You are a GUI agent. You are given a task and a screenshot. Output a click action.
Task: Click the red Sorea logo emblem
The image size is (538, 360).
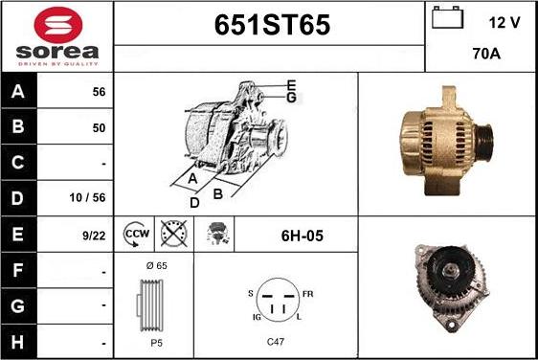click(58, 25)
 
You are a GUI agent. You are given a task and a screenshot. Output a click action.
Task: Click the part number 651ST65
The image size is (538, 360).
click(272, 25)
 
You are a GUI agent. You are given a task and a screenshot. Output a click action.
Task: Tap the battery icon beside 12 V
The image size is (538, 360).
click(447, 17)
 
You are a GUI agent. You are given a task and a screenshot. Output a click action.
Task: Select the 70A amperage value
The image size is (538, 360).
click(486, 54)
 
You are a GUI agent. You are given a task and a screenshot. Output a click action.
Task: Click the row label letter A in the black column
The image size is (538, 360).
click(18, 91)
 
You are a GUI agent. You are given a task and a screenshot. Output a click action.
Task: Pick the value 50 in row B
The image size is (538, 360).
click(99, 127)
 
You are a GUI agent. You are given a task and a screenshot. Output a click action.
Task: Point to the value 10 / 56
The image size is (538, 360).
click(87, 197)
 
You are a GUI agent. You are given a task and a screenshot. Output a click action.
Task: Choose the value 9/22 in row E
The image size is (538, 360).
click(94, 236)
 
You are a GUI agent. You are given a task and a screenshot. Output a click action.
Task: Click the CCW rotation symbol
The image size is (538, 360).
click(136, 234)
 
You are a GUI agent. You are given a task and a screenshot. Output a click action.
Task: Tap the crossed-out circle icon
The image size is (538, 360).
click(174, 234)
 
